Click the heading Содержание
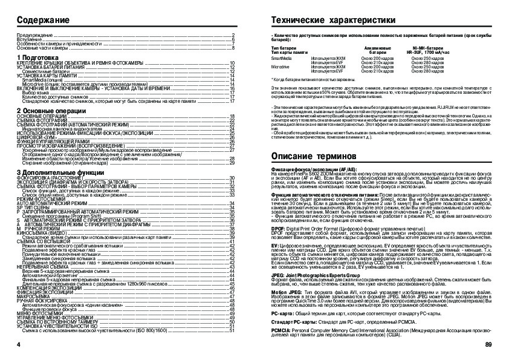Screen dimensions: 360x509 tap(42, 20)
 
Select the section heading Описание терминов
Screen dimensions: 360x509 tap(306, 157)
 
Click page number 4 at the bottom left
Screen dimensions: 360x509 tap(19, 345)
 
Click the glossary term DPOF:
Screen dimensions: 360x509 tap(279, 227)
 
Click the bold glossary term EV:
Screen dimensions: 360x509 tap(275, 247)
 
